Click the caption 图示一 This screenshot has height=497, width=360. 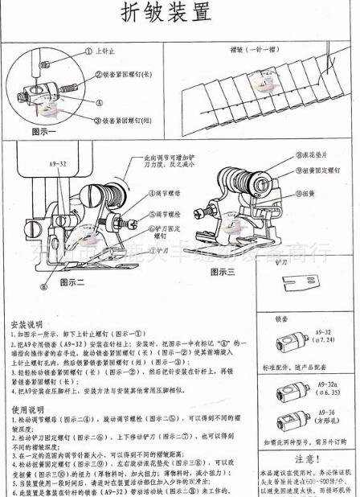47,129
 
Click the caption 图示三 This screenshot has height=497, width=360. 223,272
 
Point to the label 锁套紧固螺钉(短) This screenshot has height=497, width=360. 126,119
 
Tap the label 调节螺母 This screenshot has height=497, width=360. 167,194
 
